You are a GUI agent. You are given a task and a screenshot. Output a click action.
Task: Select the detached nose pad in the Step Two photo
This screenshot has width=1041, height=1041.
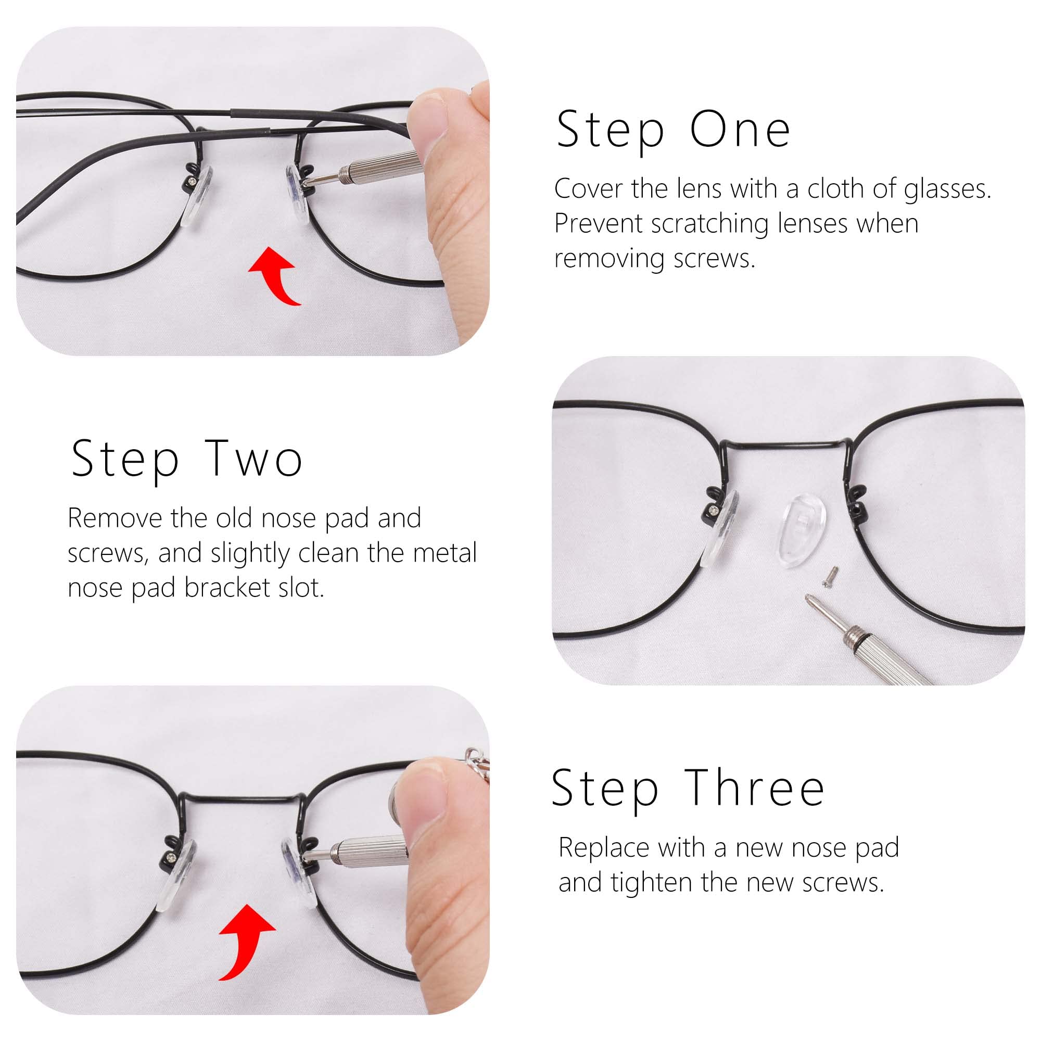click(799, 531)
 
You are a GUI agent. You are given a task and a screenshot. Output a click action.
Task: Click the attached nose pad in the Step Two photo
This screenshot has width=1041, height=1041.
click(721, 530)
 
